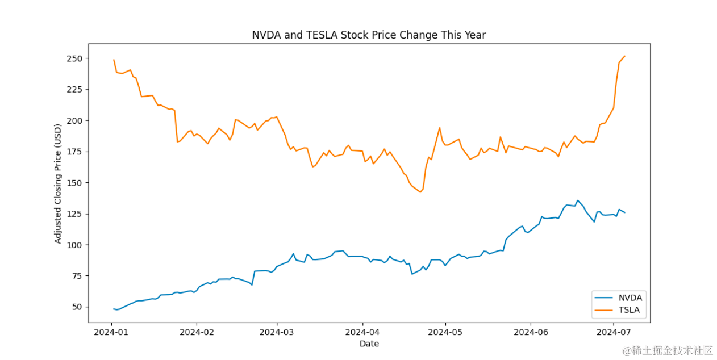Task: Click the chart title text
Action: coord(369,35)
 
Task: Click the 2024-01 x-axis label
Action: coord(111,332)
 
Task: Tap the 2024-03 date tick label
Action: coord(277,332)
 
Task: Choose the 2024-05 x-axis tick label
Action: coord(445,332)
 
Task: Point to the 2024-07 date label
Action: coord(614,332)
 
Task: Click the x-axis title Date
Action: coord(369,344)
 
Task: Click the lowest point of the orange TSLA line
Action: coord(420,192)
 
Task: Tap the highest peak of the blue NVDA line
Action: coord(578,200)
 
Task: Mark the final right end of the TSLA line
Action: coord(624,56)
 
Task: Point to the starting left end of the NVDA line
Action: coord(114,309)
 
